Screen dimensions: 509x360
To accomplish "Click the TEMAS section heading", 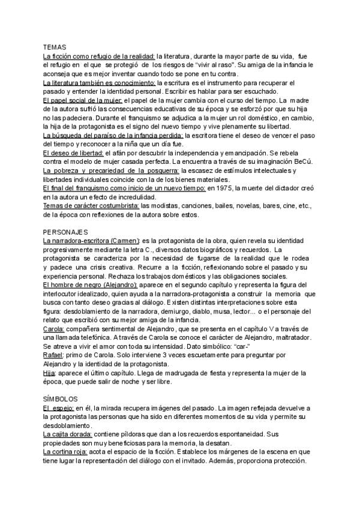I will (x=55, y=47).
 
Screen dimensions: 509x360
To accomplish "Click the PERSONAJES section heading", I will (x=66, y=232).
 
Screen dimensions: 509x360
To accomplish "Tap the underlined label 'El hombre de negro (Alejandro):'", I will (x=91, y=285).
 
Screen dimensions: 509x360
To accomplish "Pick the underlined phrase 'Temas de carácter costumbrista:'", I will (x=91, y=206).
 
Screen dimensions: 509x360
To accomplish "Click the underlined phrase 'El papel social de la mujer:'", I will (x=83, y=100).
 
